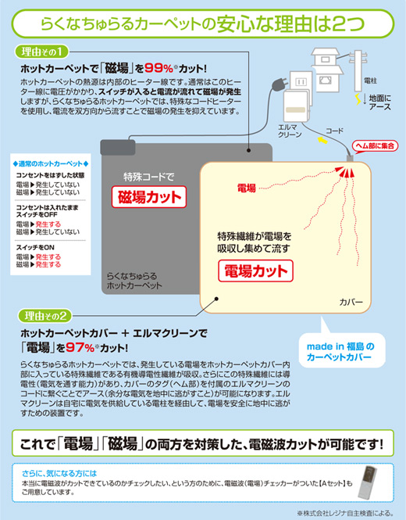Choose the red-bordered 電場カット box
pyautogui.click(x=255, y=271)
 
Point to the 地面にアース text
pyautogui.click(x=380, y=102)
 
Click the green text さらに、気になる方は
pyautogui.click(x=61, y=472)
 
